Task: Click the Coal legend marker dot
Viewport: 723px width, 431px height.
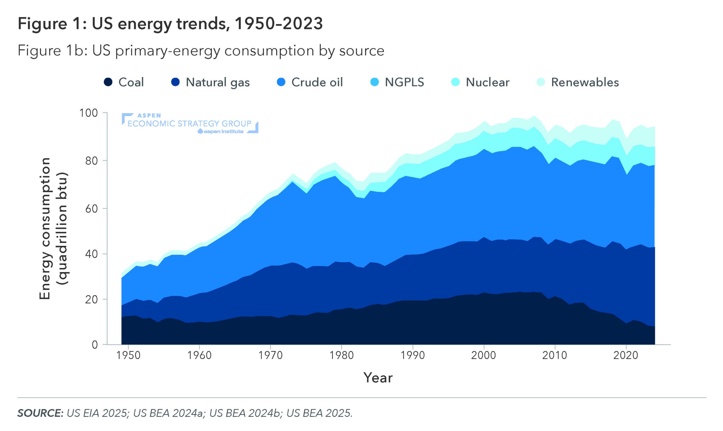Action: click(x=108, y=82)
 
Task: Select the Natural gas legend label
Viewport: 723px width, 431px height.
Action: click(x=218, y=82)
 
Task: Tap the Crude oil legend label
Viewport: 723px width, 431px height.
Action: click(x=317, y=82)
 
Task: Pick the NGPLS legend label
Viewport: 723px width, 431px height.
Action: click(x=404, y=82)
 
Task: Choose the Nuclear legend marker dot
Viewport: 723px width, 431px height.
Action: click(x=455, y=82)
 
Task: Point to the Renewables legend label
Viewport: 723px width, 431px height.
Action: click(x=585, y=82)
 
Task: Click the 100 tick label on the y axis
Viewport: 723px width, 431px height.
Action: click(x=89, y=113)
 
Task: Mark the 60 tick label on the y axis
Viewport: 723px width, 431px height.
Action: click(x=91, y=209)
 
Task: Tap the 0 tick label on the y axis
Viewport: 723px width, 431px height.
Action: click(x=95, y=345)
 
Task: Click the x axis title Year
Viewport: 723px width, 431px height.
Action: click(x=378, y=378)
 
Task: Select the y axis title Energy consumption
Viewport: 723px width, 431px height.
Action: click(x=45, y=229)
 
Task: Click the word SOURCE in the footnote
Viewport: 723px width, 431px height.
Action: click(x=40, y=413)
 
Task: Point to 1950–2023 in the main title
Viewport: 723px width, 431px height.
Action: click(x=278, y=23)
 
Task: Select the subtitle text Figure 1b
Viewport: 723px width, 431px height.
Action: click(x=53, y=51)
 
